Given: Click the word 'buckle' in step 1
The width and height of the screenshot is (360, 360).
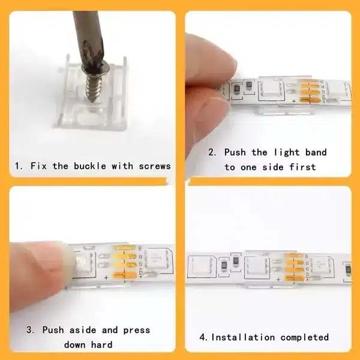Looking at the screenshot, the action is [90, 166].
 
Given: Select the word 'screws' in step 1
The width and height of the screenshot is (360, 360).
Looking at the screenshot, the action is [155, 167].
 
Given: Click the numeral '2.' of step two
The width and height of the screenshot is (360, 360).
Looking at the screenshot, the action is [212, 152].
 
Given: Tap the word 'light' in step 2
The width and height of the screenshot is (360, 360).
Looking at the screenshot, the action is [287, 153].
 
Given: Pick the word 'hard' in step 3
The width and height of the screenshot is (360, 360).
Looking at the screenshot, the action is [102, 344].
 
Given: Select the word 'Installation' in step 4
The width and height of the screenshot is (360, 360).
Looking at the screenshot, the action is [243, 337].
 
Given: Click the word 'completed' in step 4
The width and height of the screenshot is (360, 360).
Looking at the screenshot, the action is [304, 338].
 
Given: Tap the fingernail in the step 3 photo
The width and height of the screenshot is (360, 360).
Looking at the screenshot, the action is [69, 264].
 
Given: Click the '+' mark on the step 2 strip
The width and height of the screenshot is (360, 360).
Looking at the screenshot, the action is [293, 101].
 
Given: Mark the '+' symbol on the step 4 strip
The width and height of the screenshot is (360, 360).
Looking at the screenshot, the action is [278, 280].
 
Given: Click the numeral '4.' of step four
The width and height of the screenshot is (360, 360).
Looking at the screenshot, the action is [203, 337].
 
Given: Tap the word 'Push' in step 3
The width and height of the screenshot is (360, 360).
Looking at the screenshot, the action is [53, 330].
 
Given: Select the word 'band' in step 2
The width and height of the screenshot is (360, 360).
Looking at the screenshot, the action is [316, 152].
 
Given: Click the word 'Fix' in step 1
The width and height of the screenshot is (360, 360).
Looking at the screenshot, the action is [38, 166].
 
